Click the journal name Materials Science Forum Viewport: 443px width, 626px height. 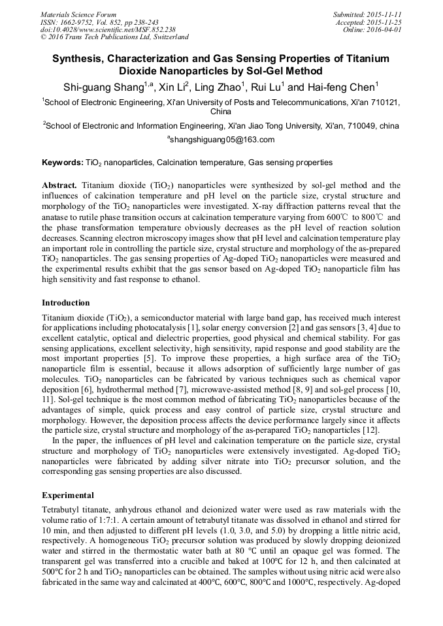[x=78, y=14]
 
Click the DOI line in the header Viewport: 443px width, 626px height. [x=108, y=30]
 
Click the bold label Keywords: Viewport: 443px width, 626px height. [x=63, y=162]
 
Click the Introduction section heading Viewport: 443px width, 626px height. [x=66, y=303]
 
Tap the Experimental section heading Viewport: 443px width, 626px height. [x=68, y=495]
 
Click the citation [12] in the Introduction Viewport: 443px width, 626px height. [x=387, y=431]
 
